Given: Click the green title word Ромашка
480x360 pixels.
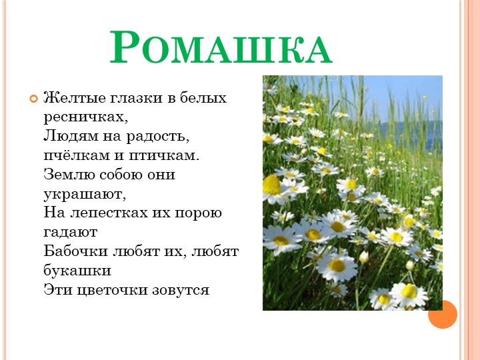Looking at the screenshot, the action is pos(221,47).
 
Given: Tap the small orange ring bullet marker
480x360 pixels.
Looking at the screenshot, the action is pos(33,98).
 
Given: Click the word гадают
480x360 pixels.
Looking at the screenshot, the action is pos(71,233).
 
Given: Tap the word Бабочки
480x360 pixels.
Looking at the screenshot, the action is pos(76,251).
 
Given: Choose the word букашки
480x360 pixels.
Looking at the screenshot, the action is pos(77,271).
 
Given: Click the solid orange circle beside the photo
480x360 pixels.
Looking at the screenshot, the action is pos(443,314).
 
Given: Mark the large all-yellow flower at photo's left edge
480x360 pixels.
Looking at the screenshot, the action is pos(271,185).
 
